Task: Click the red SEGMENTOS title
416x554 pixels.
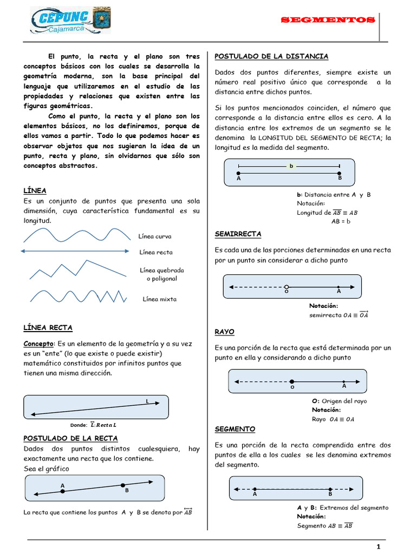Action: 327,20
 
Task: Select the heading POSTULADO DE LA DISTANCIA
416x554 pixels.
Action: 271,56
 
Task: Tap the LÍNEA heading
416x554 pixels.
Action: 35,190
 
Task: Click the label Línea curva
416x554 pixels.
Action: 155,236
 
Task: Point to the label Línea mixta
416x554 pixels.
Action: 159,299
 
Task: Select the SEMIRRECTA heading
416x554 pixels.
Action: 238,234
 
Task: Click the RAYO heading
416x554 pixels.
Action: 224,331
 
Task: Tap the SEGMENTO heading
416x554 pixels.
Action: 235,428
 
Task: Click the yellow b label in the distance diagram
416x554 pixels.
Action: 291,166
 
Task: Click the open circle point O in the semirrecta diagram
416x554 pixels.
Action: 287,287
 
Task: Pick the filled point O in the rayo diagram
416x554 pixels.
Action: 292,381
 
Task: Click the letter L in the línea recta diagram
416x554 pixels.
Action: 147,401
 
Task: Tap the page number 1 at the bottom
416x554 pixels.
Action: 379,546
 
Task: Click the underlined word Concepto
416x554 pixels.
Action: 38,344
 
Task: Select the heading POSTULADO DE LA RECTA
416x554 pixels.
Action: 70,438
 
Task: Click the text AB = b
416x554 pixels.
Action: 341,221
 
